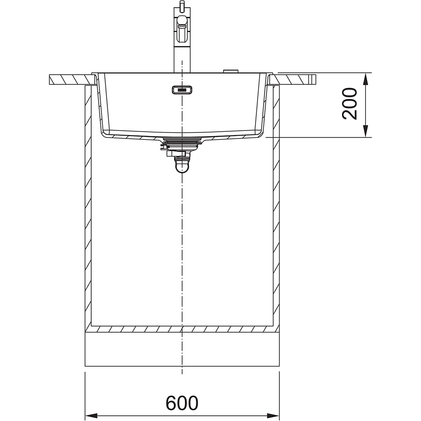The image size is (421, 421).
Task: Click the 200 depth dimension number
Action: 349,104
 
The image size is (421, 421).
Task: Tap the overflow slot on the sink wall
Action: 182,90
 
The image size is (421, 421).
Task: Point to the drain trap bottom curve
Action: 182,168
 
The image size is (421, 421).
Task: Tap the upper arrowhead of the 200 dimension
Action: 365,80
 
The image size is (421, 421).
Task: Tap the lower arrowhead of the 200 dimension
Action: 365,131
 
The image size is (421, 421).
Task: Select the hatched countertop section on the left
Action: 72,80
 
